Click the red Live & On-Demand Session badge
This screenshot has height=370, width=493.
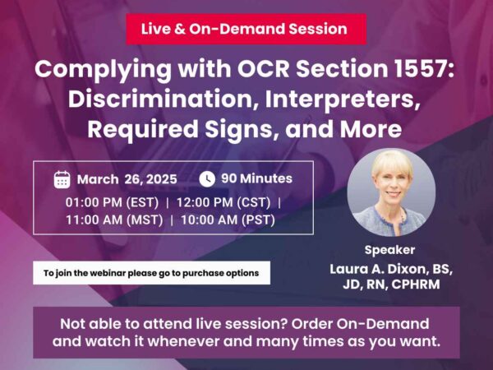(246, 29)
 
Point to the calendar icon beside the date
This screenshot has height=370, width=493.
(62, 179)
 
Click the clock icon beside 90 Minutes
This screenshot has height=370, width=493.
(207, 178)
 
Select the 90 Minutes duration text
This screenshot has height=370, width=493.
(256, 178)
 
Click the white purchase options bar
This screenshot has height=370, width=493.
(151, 273)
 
